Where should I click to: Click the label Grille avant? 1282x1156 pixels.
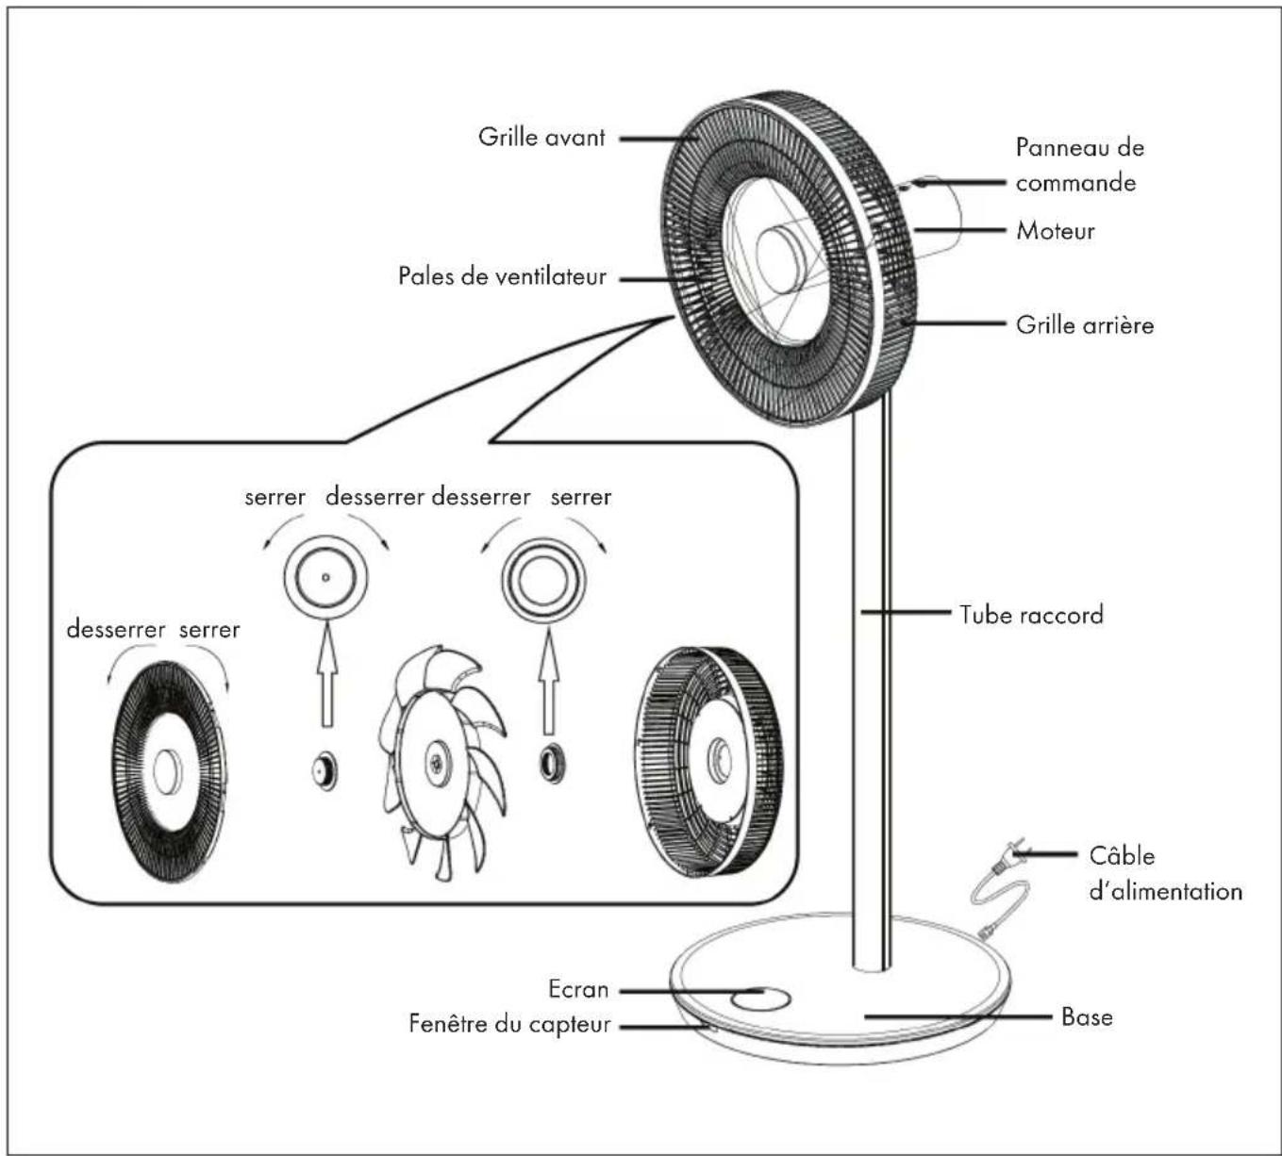tap(541, 138)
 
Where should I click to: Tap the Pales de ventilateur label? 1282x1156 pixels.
tap(502, 276)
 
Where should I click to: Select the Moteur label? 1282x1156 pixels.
tap(1055, 231)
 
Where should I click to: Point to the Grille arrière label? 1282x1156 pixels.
tap(1085, 325)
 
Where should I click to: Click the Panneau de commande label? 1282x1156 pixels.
tap(1079, 165)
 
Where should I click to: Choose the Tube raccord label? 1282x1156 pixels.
tap(1031, 615)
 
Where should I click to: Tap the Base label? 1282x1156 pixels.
tap(1087, 1016)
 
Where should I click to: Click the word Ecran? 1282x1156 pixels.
tap(577, 989)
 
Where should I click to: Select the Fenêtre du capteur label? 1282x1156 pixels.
tap(509, 1024)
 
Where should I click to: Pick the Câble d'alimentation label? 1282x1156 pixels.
tap(1166, 873)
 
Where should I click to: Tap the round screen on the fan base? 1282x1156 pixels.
tap(760, 999)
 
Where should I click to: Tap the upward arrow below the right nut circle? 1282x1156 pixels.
tap(548, 680)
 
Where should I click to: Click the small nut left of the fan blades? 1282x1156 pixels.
tap(325, 770)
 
